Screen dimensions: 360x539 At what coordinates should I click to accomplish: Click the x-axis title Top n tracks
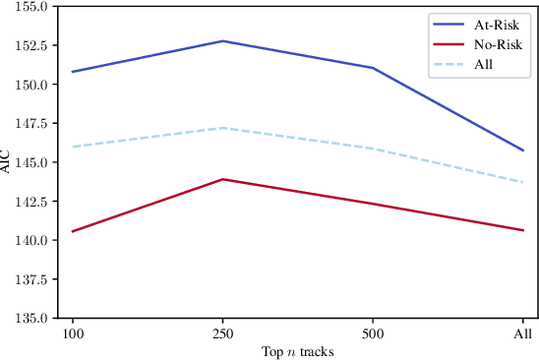298,351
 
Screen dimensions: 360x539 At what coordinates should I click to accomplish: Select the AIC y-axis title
8,161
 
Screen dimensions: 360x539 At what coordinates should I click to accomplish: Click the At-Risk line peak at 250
223,41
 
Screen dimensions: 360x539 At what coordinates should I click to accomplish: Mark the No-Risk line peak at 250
223,179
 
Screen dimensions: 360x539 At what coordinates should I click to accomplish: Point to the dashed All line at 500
373,149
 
